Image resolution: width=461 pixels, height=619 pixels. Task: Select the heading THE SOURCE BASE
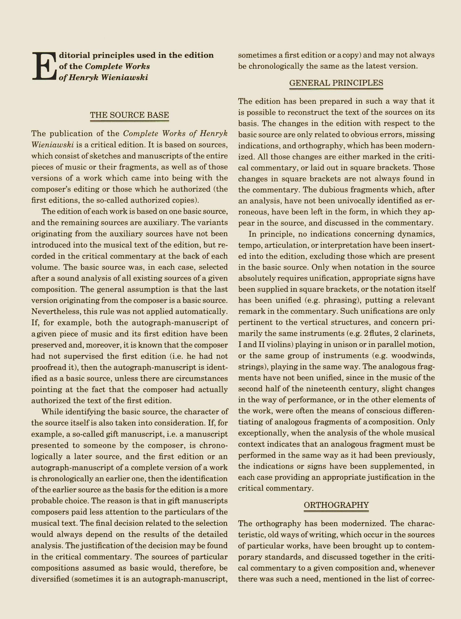(129, 115)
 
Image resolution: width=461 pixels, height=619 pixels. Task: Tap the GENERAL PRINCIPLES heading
(336, 83)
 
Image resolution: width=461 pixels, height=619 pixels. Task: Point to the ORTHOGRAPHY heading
(336, 505)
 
